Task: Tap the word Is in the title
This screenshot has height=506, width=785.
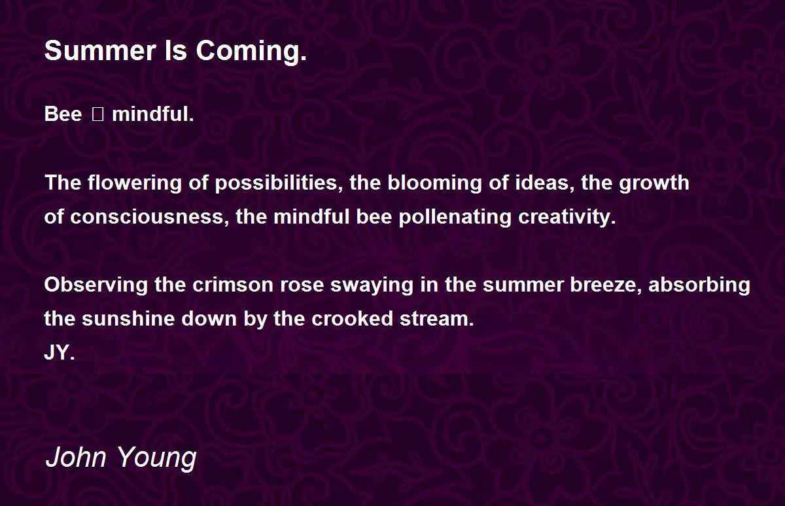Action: point(176,50)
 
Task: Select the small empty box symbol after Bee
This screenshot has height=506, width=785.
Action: point(97,114)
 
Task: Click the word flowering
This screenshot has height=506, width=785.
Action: point(135,183)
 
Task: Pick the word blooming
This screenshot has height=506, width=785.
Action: point(434,183)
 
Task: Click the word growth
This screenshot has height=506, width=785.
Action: point(654,183)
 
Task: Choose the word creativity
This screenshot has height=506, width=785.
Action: point(567,217)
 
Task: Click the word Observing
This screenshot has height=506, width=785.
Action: point(96,284)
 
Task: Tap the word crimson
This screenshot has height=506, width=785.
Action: point(233,285)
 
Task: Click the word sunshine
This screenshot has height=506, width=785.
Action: point(128,318)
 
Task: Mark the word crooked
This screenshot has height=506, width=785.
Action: point(352,318)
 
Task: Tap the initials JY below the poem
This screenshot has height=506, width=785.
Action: point(60,352)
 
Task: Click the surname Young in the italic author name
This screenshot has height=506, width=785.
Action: point(156,458)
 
